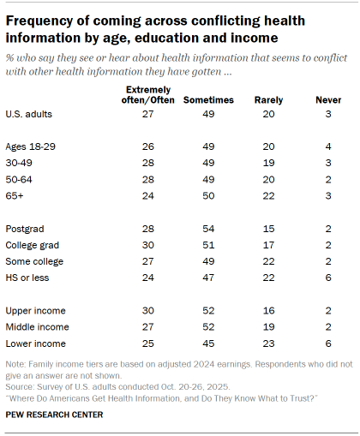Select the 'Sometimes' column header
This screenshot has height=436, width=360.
point(208,99)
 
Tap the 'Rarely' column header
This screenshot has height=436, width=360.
point(268,99)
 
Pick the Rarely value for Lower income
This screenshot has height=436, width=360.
point(268,343)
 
